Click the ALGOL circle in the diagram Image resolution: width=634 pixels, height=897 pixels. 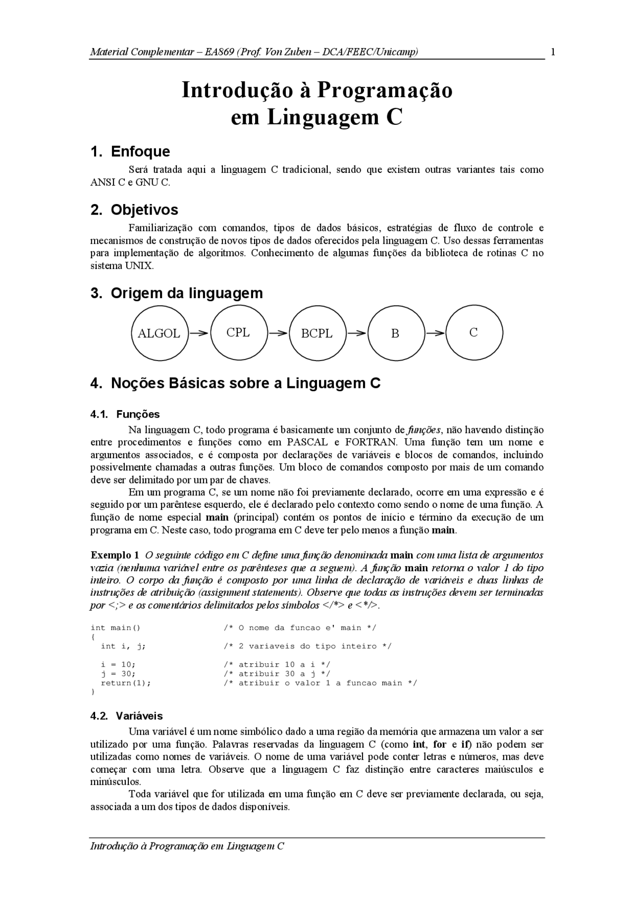pyautogui.click(x=159, y=333)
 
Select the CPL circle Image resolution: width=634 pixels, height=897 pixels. pyautogui.click(x=238, y=332)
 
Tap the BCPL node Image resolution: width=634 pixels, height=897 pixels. pyautogui.click(x=317, y=333)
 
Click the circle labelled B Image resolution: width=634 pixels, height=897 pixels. pyautogui.click(x=395, y=333)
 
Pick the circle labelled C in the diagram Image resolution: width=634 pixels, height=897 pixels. pyautogui.click(x=474, y=332)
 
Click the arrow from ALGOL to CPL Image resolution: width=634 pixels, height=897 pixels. pyautogui.click(x=199, y=333)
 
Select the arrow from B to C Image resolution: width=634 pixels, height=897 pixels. pyautogui.click(x=435, y=333)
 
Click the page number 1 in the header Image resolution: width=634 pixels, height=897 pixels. pyautogui.click(x=553, y=52)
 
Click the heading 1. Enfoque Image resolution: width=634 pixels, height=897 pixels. pyautogui.click(x=130, y=152)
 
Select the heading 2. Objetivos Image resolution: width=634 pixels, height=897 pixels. pyautogui.click(x=134, y=210)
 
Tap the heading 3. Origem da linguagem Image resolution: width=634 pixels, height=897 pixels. pyautogui.click(x=177, y=293)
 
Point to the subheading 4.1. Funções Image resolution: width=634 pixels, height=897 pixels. pyautogui.click(x=125, y=414)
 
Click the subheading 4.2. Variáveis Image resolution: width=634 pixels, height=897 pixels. pyautogui.click(x=126, y=716)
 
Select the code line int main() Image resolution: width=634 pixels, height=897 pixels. pyautogui.click(x=116, y=628)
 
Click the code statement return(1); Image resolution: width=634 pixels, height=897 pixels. pyautogui.click(x=126, y=683)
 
